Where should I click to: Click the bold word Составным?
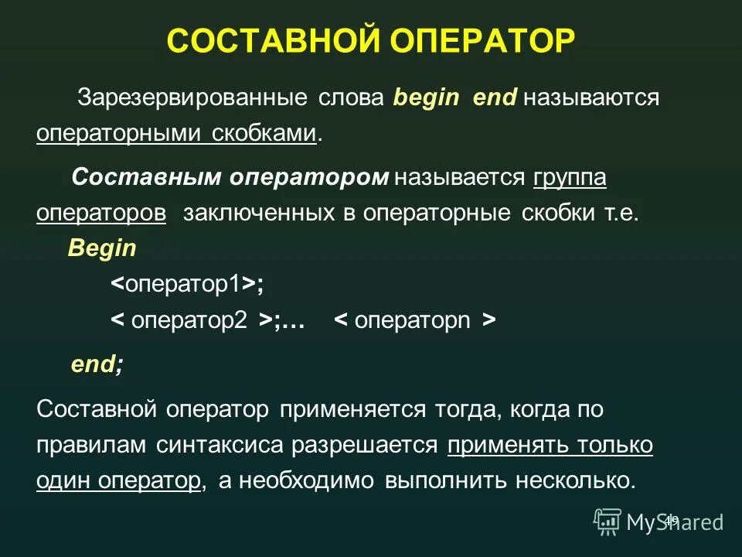tap(145, 178)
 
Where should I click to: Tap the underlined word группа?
tap(570, 178)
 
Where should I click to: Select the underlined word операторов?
tap(101, 214)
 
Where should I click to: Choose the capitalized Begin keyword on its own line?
tap(101, 248)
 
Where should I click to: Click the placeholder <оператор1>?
tap(185, 284)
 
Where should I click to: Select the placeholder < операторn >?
tap(414, 321)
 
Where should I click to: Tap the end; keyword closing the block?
tap(97, 364)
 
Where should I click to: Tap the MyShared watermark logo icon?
tap(608, 522)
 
